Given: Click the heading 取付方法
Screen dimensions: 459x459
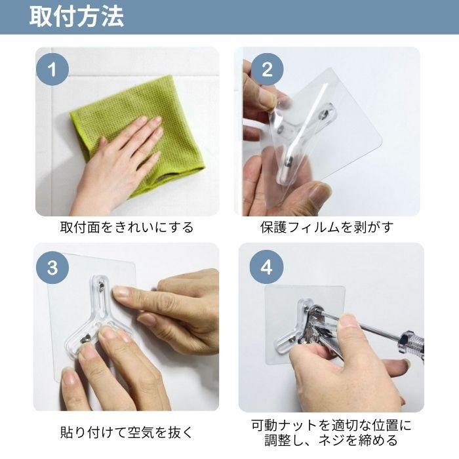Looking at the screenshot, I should (76, 17).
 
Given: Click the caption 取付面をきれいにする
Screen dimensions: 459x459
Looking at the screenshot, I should (127, 228).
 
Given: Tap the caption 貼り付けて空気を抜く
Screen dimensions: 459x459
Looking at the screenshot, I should (127, 432).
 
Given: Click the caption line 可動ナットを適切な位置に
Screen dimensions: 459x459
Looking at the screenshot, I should (332, 425).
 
